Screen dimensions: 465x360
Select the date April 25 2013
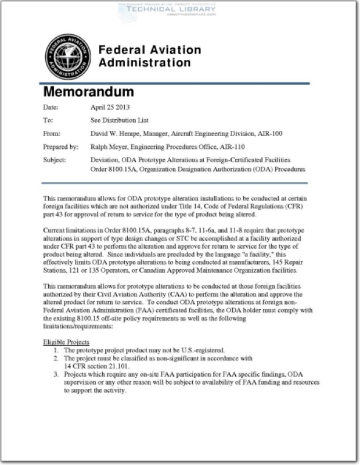[x=110, y=108]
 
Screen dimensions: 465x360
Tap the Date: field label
[x=51, y=108]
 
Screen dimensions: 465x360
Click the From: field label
[x=52, y=134]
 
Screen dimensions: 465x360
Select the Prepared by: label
[x=60, y=146]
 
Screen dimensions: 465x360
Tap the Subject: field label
[x=55, y=159]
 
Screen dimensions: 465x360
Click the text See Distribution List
[x=120, y=120]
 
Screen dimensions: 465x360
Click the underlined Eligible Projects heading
[x=66, y=342]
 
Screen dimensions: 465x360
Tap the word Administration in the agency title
[x=144, y=63]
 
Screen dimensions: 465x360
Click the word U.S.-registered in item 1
[x=201, y=350]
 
